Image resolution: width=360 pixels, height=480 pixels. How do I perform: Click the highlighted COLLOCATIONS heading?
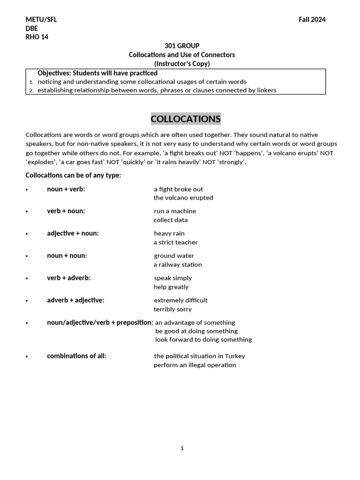pyautogui.click(x=186, y=119)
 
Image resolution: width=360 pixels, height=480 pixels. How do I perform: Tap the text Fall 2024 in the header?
pyautogui.click(x=312, y=20)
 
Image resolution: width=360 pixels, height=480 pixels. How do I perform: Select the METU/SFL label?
pyautogui.click(x=41, y=20)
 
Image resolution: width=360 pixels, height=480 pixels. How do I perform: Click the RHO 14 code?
pyautogui.click(x=37, y=37)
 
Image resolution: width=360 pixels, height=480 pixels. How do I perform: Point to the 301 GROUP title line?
pyautogui.click(x=182, y=46)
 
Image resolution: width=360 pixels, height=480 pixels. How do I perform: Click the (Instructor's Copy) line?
pyautogui.click(x=182, y=64)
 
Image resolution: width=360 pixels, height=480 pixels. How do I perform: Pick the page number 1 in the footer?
pyautogui.click(x=182, y=448)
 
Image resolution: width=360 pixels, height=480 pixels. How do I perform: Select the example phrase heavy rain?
pyautogui.click(x=169, y=233)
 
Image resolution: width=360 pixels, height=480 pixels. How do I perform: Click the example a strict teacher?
pyautogui.click(x=176, y=242)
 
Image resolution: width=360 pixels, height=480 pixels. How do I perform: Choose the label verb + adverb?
pyautogui.click(x=68, y=278)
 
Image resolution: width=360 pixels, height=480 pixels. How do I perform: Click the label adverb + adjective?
pyautogui.click(x=75, y=300)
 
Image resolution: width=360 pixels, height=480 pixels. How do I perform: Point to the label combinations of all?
pyautogui.click(x=76, y=356)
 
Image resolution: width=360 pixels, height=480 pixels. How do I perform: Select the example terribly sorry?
pyautogui.click(x=172, y=309)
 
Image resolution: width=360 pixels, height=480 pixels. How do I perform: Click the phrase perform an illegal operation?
pyautogui.click(x=195, y=365)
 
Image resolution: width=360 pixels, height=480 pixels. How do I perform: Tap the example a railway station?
pyautogui.click(x=178, y=265)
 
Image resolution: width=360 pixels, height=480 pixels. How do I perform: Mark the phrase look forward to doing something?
pyautogui.click(x=203, y=339)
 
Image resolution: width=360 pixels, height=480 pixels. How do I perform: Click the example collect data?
pyautogui.click(x=171, y=220)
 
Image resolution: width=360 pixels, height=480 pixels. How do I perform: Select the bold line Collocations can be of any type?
pyautogui.click(x=73, y=175)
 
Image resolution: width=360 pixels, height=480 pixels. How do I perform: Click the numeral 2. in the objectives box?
pyautogui.click(x=31, y=90)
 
